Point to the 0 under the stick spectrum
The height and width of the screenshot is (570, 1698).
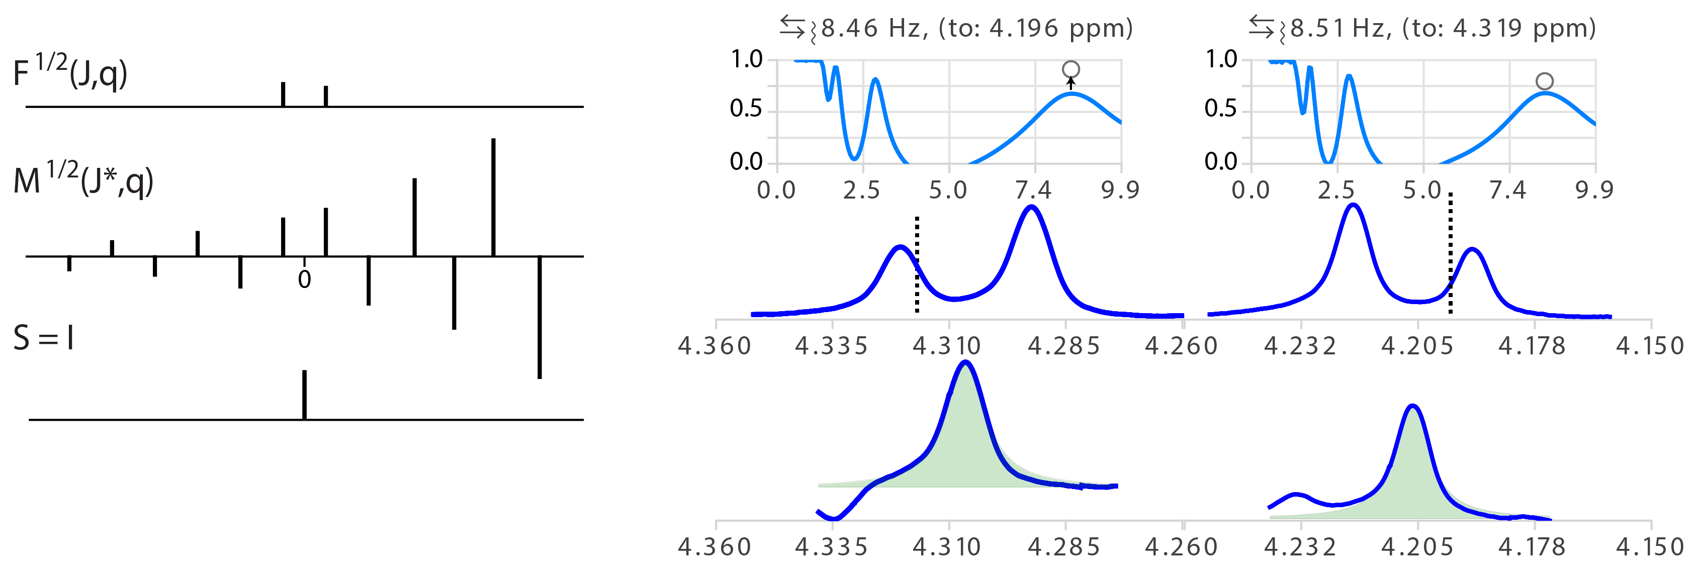304,279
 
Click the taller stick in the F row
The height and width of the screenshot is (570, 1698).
283,93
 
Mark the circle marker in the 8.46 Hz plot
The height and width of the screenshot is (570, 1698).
1070,69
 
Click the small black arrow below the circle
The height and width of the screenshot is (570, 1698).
1070,83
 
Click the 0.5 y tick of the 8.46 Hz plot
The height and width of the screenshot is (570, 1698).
746,109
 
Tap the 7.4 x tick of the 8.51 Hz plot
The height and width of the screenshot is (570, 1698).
1507,191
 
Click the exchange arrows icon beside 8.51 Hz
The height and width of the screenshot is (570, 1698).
1261,26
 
